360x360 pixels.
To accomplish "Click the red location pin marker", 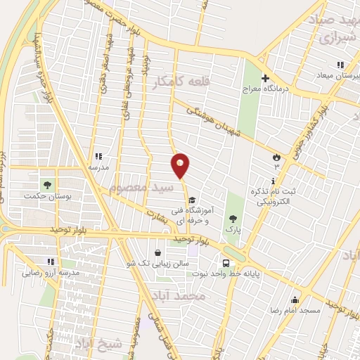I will (x=181, y=165).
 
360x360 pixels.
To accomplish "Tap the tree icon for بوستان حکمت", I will (x=47, y=185).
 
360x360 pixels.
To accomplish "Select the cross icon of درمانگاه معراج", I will (x=266, y=78).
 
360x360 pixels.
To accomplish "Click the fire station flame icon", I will (x=276, y=158).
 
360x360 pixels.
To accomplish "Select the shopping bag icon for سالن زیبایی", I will (x=158, y=251).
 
